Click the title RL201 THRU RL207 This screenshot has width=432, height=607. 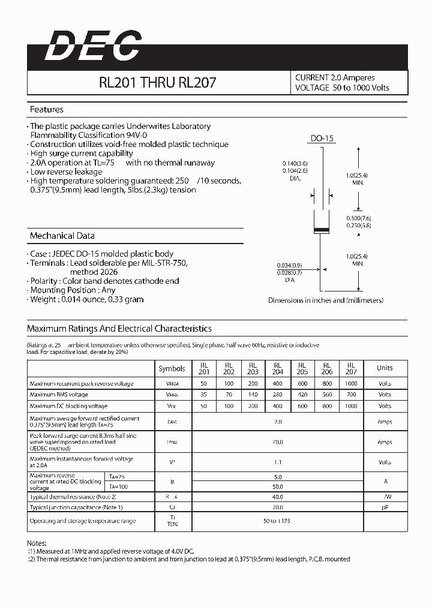click(158, 83)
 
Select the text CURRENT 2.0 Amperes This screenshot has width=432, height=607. click(335, 77)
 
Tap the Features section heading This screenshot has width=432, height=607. click(47, 110)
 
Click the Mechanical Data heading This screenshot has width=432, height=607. click(62, 236)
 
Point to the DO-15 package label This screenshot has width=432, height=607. click(322, 139)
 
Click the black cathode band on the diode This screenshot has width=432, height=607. click(322, 230)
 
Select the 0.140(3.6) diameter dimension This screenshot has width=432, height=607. click(295, 163)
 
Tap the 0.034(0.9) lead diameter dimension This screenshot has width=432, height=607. click(290, 265)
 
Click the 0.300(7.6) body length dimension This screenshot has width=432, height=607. click(359, 218)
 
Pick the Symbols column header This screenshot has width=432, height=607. click(172, 368)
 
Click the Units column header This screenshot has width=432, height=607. click(385, 368)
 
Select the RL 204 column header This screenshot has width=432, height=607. click(278, 368)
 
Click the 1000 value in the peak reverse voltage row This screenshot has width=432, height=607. click(351, 383)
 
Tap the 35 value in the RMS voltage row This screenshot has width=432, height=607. click(204, 395)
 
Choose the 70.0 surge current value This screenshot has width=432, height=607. click(278, 442)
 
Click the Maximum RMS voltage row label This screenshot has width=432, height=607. click(59, 395)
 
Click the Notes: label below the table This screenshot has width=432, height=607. click(37, 542)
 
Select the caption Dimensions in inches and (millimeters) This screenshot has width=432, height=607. click(325, 301)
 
